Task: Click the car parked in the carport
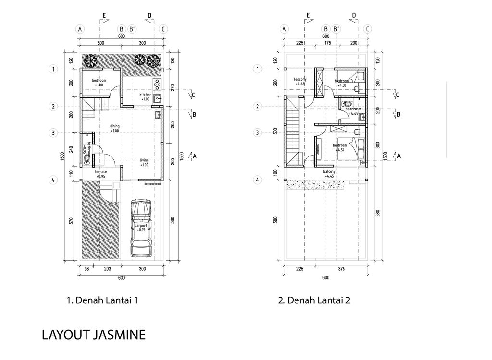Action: [141, 228]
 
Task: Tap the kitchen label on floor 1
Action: [146, 95]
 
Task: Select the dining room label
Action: [114, 126]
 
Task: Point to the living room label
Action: [145, 160]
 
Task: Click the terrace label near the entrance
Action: [100, 172]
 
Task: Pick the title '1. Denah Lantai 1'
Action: [102, 300]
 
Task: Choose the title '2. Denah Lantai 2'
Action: [314, 300]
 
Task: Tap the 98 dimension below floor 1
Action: [87, 269]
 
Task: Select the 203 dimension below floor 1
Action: [108, 269]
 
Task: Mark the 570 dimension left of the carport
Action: [71, 221]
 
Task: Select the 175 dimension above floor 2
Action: [328, 43]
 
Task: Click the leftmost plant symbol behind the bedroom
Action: [90, 60]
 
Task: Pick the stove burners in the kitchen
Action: [157, 84]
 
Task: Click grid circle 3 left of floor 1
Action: [54, 133]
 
